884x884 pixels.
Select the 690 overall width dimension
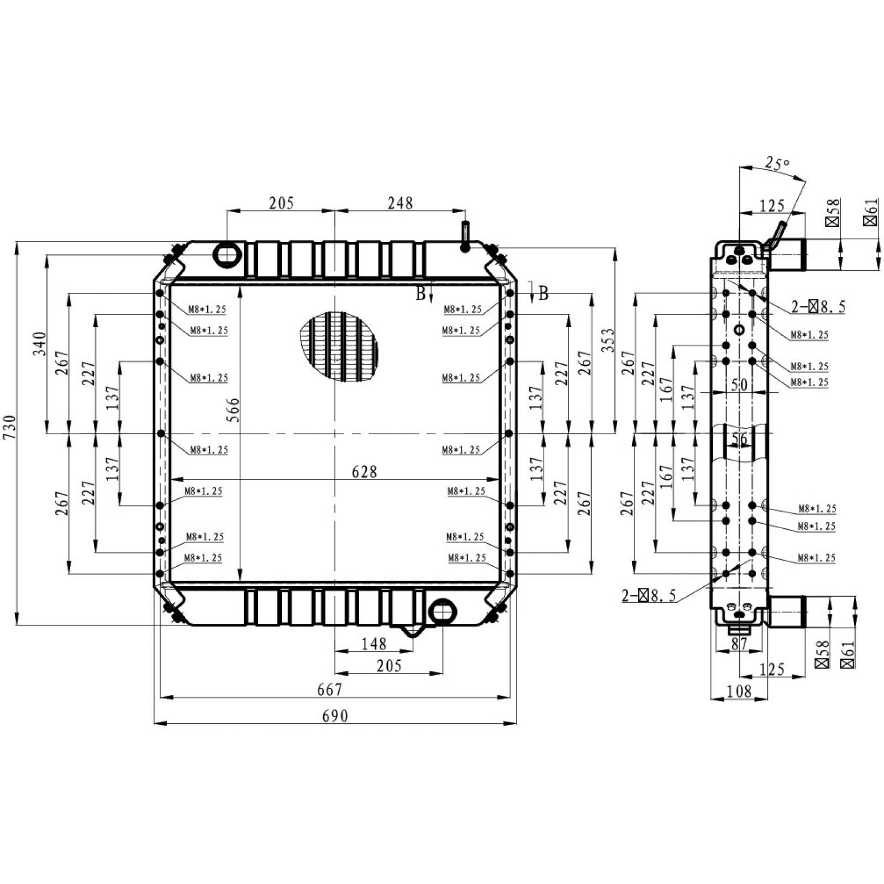pyautogui.click(x=335, y=716)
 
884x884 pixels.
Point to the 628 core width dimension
pyautogui.click(x=364, y=472)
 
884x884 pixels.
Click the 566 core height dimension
pyautogui.click(x=234, y=410)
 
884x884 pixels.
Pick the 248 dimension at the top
pyautogui.click(x=400, y=203)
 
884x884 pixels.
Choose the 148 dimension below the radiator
pyautogui.click(x=373, y=644)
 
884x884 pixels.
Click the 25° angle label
pyautogui.click(x=777, y=164)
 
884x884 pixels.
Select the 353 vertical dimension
pyautogui.click(x=607, y=341)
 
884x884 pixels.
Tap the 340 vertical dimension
pyautogui.click(x=39, y=344)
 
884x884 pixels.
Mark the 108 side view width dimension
pyautogui.click(x=739, y=691)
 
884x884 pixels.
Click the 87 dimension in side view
pyautogui.click(x=739, y=644)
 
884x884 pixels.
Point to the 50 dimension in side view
pyautogui.click(x=739, y=385)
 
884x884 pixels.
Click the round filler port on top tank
pyautogui.click(x=227, y=254)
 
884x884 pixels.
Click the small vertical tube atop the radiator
pyautogui.click(x=465, y=236)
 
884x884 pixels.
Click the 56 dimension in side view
pyautogui.click(x=739, y=440)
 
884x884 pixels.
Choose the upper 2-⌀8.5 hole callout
pyautogui.click(x=818, y=307)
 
